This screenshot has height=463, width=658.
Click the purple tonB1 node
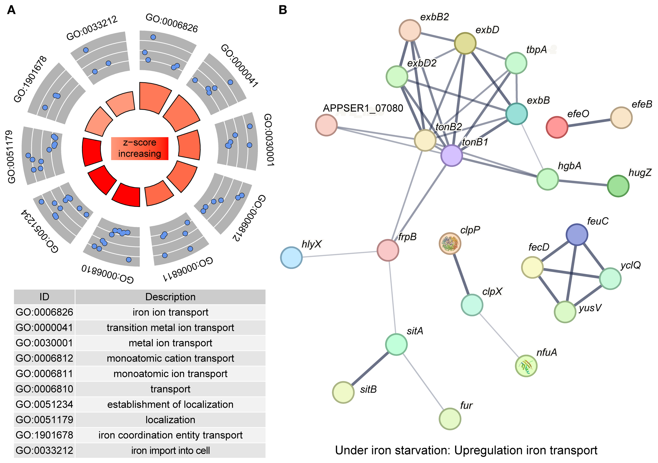point(451,155)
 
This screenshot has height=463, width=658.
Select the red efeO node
point(557,127)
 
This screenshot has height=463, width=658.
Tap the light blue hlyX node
point(291,257)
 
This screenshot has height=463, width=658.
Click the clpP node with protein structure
point(450,243)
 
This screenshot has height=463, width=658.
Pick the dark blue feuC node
point(577,235)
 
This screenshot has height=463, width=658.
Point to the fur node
point(450,419)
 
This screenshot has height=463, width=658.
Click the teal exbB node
point(516,114)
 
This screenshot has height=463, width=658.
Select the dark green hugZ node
point(618,186)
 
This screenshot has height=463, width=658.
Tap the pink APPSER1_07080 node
point(326,125)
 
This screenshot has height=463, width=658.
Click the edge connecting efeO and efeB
point(589,123)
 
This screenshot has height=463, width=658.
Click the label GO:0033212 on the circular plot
point(92,28)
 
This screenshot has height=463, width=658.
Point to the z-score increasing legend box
point(139,148)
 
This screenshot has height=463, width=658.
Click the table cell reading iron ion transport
point(170,312)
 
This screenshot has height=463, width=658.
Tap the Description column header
point(170,297)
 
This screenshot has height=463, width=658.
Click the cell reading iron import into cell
point(170,450)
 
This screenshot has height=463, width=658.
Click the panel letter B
point(283,10)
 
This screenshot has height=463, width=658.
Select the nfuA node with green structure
point(526,366)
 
